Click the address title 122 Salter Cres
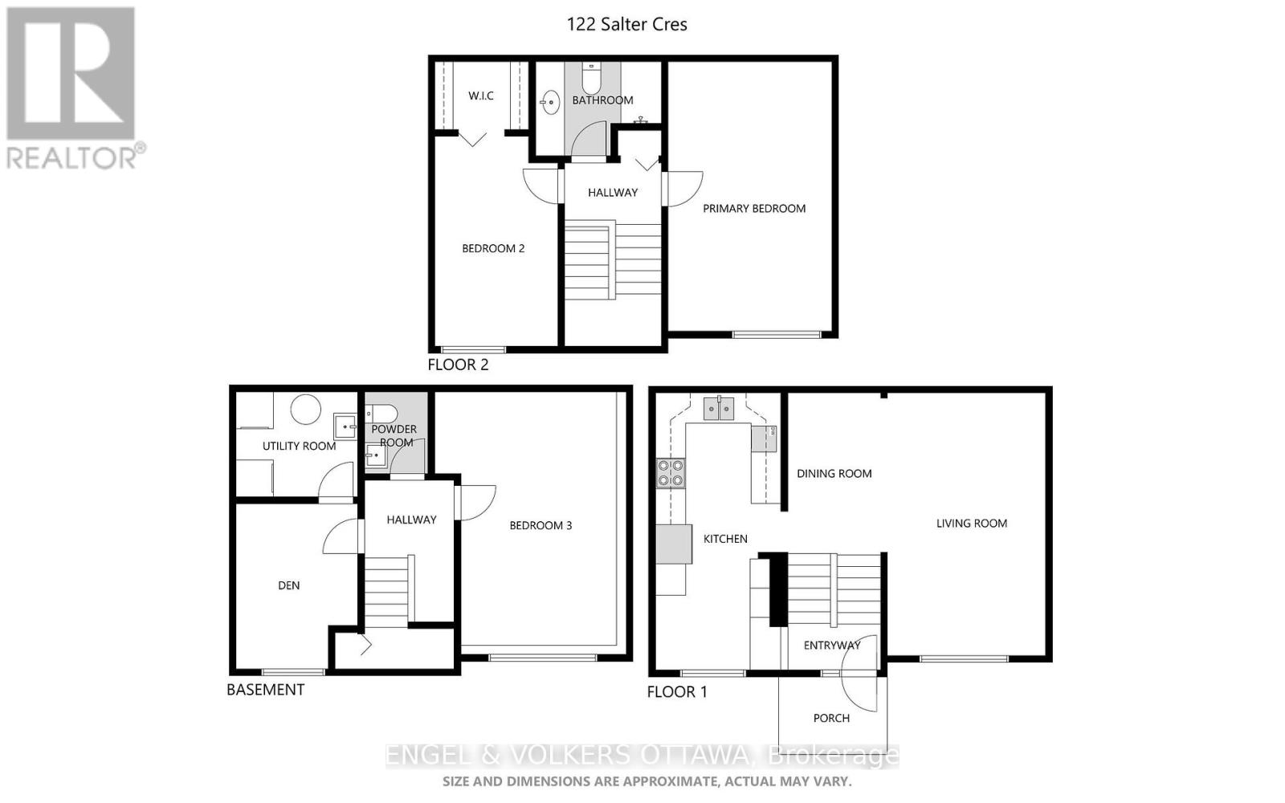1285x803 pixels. [x=626, y=24]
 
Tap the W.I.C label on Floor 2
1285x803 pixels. [x=481, y=96]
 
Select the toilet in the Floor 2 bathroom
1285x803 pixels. [x=591, y=79]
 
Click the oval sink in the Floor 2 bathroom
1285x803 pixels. [x=550, y=102]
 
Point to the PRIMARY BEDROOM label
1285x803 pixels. [x=754, y=208]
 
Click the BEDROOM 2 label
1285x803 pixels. [x=493, y=248]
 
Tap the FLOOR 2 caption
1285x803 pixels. [x=458, y=365]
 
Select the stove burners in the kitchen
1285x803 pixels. [x=671, y=473]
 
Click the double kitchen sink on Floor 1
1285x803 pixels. [x=719, y=410]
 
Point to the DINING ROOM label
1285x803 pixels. [x=834, y=473]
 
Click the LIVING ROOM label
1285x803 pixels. [x=971, y=523]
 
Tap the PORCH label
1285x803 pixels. [x=831, y=718]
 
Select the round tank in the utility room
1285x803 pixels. [x=305, y=410]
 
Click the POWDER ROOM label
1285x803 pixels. [x=394, y=435]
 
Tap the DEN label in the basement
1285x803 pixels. [x=288, y=585]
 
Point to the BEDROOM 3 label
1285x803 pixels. [x=541, y=525]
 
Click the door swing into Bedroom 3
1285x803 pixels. [x=479, y=503]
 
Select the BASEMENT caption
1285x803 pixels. [x=265, y=690]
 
